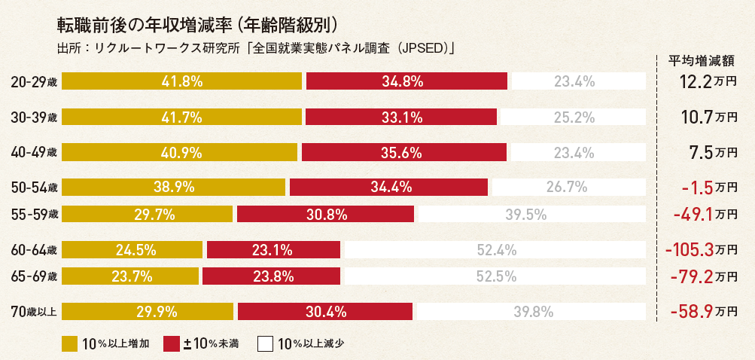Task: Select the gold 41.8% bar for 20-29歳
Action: (x=181, y=81)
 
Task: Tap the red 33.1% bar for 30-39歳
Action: (x=401, y=117)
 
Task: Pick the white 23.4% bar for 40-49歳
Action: (x=574, y=152)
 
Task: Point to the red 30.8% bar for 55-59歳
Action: (x=326, y=214)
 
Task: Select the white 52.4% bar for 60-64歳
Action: (x=495, y=249)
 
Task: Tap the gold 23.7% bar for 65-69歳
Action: (x=130, y=276)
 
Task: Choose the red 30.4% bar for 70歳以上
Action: (x=325, y=311)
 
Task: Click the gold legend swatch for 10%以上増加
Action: (x=70, y=344)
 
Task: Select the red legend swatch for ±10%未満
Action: (x=171, y=344)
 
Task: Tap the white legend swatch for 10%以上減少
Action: (x=265, y=344)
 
